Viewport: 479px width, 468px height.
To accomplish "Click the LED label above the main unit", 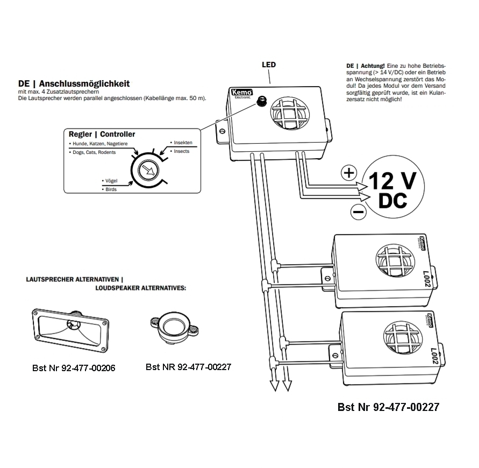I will (269, 65).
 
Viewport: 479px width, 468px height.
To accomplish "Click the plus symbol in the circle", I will (349, 173).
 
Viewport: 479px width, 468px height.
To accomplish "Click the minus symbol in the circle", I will (358, 212).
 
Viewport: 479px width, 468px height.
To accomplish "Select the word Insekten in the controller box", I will (183, 143).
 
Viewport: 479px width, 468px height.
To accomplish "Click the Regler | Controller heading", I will (102, 134).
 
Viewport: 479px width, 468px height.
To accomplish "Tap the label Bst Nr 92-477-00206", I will (74, 368).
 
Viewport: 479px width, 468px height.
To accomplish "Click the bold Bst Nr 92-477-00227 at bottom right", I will (388, 407).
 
